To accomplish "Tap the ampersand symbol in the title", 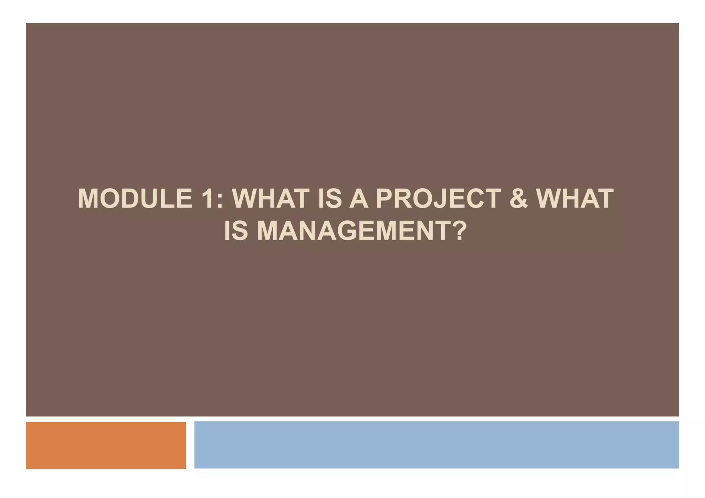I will [x=518, y=199].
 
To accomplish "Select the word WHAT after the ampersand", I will [x=575, y=199].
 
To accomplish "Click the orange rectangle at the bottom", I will [x=106, y=445].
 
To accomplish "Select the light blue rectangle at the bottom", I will [x=436, y=445].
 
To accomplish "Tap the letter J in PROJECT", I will [x=443, y=199].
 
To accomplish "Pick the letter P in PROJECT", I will [x=385, y=199].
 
